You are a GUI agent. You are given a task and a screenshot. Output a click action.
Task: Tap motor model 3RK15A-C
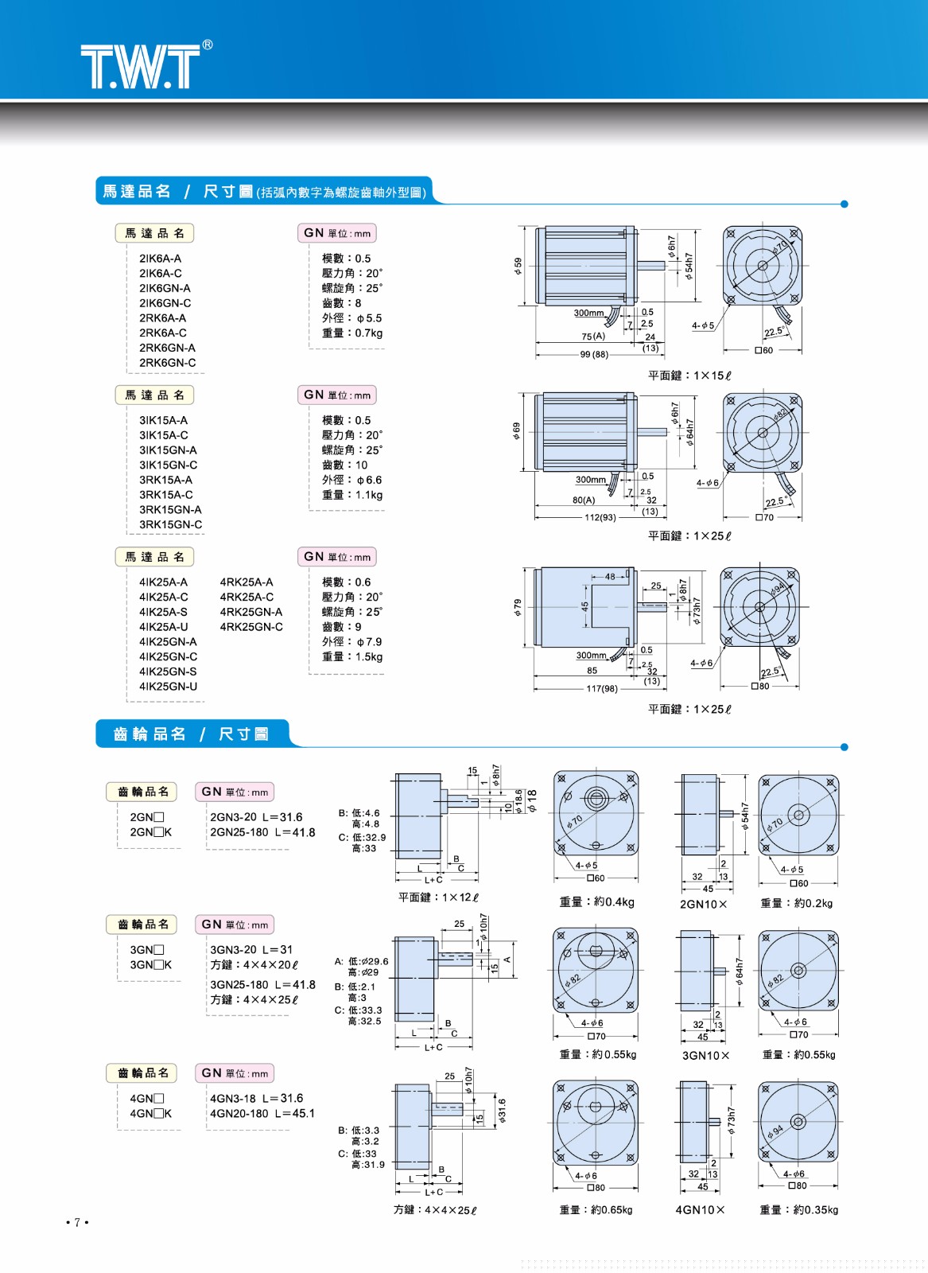point(165,495)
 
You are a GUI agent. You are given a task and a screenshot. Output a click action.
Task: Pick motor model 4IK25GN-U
point(168,687)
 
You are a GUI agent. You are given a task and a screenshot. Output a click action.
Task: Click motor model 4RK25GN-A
point(250,612)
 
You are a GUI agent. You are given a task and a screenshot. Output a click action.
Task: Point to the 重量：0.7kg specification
point(351,333)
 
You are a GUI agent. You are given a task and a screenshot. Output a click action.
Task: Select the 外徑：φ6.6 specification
point(351,480)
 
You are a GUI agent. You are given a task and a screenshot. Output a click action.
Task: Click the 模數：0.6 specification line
point(346,582)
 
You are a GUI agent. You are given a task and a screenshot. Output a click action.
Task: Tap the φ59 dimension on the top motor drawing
point(518,266)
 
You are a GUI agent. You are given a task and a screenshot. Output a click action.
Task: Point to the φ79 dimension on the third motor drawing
point(518,609)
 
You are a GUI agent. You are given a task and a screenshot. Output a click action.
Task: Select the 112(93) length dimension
point(600,518)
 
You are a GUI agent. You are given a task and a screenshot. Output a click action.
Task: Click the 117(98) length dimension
point(602,689)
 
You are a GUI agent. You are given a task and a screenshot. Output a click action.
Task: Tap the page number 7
point(77,1222)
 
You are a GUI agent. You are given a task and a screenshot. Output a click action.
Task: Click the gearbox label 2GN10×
point(703,905)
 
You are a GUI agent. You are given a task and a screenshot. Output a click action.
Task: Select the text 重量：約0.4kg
point(596,902)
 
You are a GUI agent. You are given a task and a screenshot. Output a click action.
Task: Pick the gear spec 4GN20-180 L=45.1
point(262,1114)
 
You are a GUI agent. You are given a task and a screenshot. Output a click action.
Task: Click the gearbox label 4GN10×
point(700,1210)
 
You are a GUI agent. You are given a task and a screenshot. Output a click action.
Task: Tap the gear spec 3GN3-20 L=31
point(251,950)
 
